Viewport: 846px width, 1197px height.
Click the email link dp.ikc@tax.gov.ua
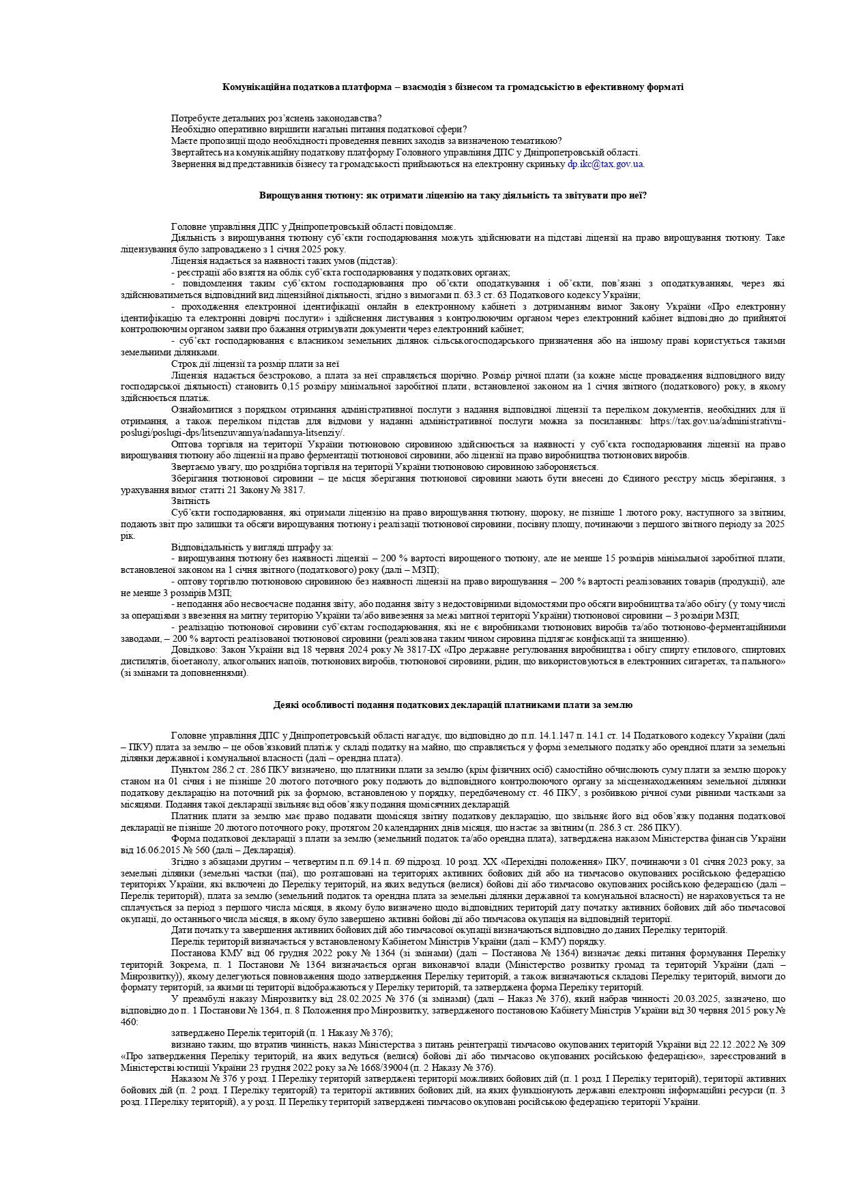[x=606, y=164]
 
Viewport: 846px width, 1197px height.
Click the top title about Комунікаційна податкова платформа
[x=453, y=87]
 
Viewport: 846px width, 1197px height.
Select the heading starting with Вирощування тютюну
[x=453, y=196]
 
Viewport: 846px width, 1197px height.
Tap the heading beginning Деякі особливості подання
[x=453, y=705]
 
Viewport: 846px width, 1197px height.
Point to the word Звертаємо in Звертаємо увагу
[x=194, y=467]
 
